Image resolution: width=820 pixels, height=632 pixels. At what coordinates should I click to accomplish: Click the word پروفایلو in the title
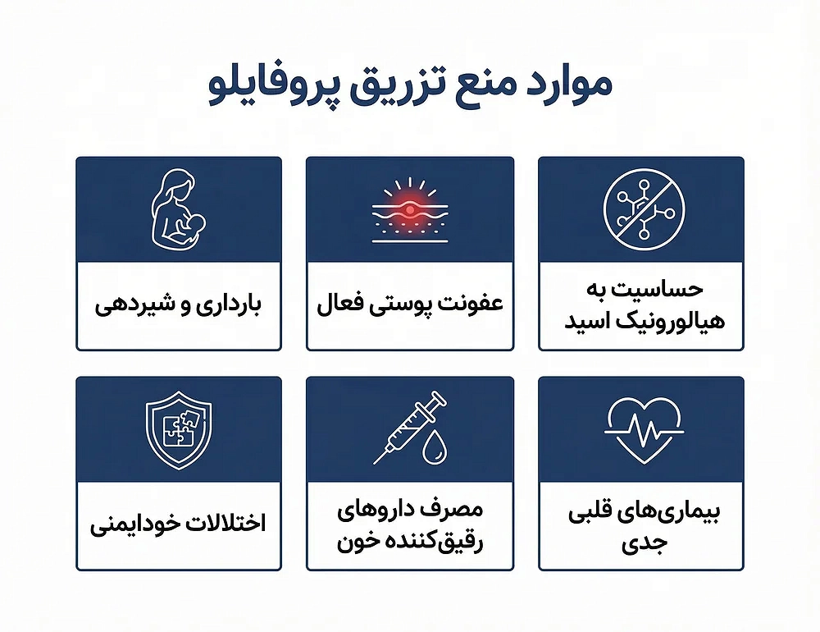pyautogui.click(x=271, y=88)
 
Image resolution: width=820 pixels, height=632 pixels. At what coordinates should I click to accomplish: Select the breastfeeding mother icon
pyautogui.click(x=178, y=209)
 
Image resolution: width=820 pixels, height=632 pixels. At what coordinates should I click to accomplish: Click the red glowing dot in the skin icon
pyautogui.click(x=410, y=210)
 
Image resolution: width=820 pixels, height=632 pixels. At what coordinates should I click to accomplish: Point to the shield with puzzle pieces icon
pyautogui.click(x=179, y=430)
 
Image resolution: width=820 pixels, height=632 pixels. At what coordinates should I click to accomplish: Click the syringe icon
pyautogui.click(x=410, y=428)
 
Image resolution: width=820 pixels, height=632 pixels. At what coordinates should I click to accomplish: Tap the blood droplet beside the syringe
pyautogui.click(x=435, y=447)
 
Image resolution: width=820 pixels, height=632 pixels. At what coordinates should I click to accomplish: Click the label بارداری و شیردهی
pyautogui.click(x=178, y=305)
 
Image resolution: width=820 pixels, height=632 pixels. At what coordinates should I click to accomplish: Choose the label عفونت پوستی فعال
pyautogui.click(x=410, y=305)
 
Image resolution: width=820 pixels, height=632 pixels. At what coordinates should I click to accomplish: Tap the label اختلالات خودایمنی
pyautogui.click(x=178, y=524)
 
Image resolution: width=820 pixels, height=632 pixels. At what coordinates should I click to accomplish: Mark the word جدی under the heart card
pyautogui.click(x=645, y=543)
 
